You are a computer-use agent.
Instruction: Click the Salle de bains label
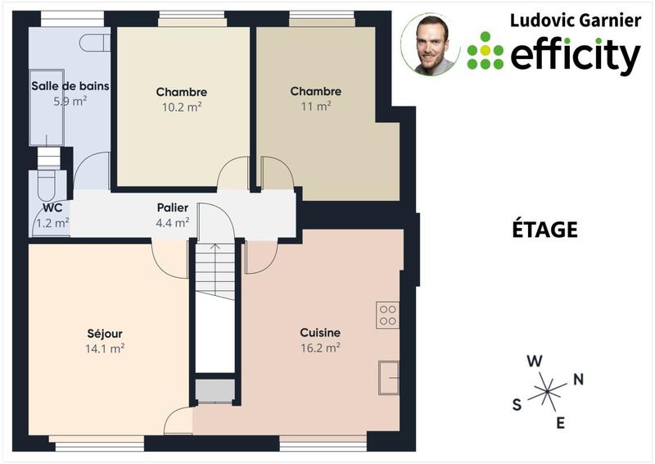click(70, 86)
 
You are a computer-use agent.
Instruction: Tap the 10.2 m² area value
click(182, 107)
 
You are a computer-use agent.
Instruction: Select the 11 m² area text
click(316, 106)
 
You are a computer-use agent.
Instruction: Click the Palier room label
click(173, 208)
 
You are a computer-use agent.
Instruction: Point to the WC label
click(52, 208)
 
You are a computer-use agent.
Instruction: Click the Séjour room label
click(105, 334)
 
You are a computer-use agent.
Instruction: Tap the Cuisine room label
click(320, 333)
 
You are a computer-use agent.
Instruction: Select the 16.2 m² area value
click(320, 348)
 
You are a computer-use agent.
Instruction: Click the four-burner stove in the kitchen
click(387, 316)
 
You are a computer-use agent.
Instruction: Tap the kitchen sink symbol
click(388, 378)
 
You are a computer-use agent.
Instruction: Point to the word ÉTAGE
click(540, 230)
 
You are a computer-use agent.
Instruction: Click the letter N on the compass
click(578, 379)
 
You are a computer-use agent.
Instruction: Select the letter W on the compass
click(534, 361)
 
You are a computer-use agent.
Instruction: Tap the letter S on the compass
click(517, 404)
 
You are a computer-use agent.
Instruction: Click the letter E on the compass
click(561, 423)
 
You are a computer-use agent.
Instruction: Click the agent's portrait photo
click(431, 44)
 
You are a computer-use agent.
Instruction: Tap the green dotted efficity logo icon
click(486, 51)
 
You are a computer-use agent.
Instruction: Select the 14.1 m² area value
click(105, 348)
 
